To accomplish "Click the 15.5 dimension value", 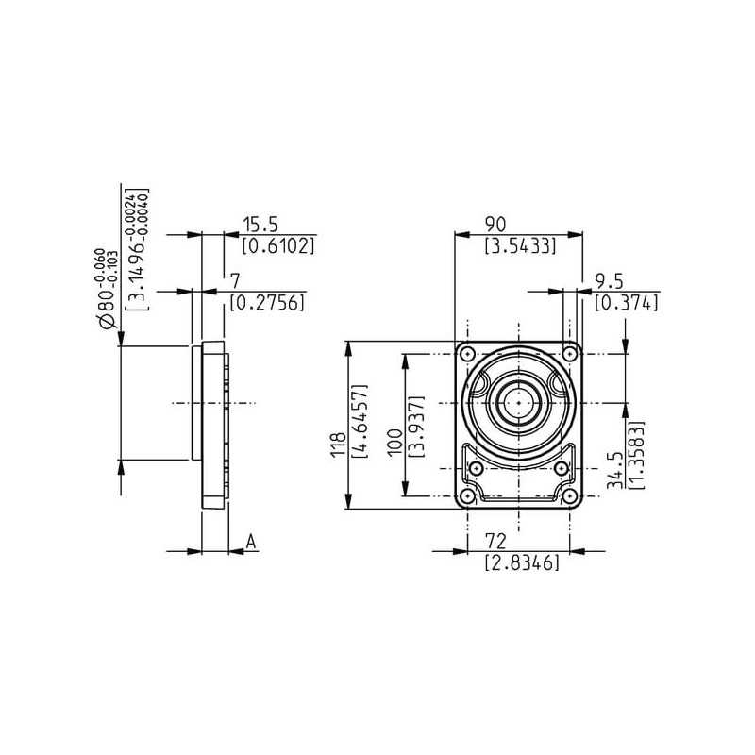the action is [x=260, y=225].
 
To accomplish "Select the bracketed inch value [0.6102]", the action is [x=278, y=246].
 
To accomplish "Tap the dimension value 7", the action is [x=235, y=281].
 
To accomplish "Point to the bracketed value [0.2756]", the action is [x=267, y=302].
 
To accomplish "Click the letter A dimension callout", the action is [x=251, y=542].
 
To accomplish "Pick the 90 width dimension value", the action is [x=495, y=225].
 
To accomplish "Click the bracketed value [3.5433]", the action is [x=521, y=246].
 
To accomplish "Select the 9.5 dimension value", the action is [x=609, y=280].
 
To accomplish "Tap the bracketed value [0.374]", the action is [x=627, y=302].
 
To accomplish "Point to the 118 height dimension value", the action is [x=339, y=444].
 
